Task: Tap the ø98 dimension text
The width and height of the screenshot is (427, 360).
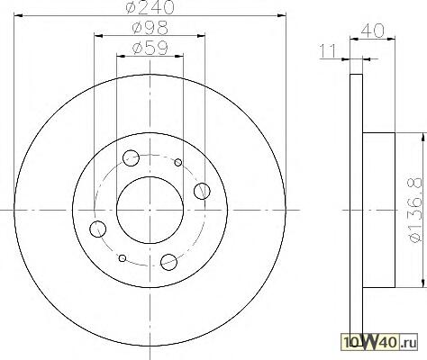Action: tap(150, 28)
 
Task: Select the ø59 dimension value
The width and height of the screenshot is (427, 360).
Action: tap(150, 48)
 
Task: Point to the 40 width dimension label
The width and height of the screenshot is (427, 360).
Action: tap(372, 31)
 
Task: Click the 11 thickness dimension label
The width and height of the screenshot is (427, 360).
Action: tap(328, 51)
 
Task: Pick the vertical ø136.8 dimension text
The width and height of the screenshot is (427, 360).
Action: tap(416, 211)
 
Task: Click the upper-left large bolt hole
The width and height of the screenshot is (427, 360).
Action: tap(131, 157)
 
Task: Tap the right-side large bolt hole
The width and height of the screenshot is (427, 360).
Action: tap(202, 191)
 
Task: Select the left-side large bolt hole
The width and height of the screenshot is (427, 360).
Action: tap(98, 229)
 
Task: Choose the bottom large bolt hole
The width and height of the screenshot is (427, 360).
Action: tap(168, 262)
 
